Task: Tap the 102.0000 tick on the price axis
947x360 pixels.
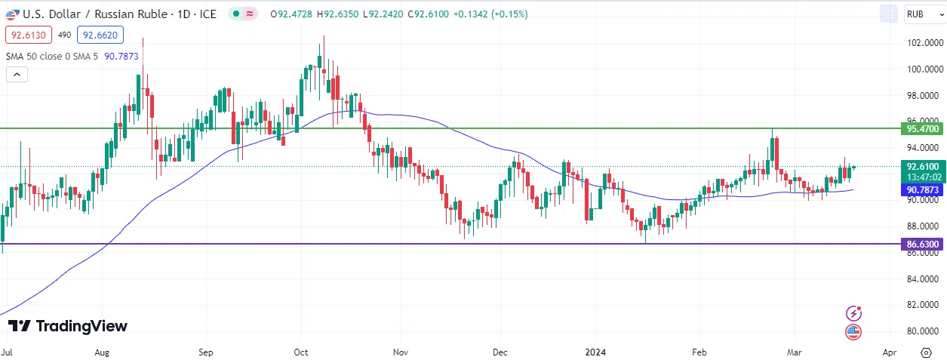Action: coord(921,43)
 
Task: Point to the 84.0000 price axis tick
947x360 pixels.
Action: coord(921,278)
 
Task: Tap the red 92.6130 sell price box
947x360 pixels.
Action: coord(28,35)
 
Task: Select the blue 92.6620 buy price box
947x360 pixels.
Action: coord(100,35)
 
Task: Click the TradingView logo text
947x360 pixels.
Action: coord(68,326)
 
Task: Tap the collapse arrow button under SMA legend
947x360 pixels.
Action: coord(17,75)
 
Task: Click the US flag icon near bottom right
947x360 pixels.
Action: coord(854,331)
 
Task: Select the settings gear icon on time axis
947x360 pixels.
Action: coord(926,352)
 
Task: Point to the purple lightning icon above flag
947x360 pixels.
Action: coord(854,313)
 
